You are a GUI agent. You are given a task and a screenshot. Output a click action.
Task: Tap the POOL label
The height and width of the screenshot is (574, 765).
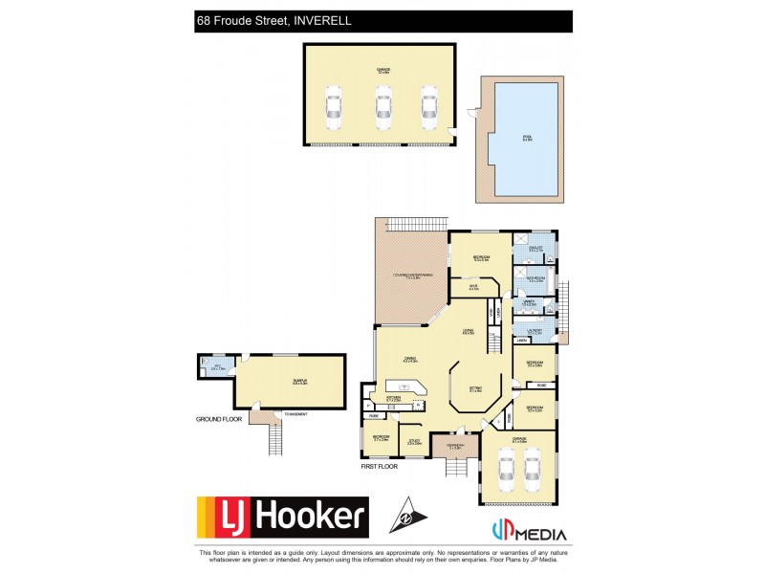pyautogui.click(x=526, y=138)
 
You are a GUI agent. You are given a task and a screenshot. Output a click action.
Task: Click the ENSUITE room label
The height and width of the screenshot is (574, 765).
pyautogui.click(x=535, y=249)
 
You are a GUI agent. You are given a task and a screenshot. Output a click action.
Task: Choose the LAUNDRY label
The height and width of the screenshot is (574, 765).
pyautogui.click(x=533, y=331)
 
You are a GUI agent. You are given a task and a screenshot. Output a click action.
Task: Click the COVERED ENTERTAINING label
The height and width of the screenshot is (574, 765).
pyautogui.click(x=412, y=276)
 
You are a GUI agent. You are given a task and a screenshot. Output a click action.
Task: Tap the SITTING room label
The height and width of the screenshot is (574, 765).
pyautogui.click(x=475, y=389)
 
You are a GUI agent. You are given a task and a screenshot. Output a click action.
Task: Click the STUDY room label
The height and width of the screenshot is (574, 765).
pyautogui.click(x=414, y=442)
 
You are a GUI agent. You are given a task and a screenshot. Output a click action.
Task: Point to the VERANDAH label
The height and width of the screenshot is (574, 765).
pyautogui.click(x=455, y=447)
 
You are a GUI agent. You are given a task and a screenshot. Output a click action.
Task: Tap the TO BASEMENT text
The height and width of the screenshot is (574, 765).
pyautogui.click(x=283, y=413)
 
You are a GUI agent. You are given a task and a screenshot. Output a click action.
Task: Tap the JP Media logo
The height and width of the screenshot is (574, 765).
pyautogui.click(x=529, y=533)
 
